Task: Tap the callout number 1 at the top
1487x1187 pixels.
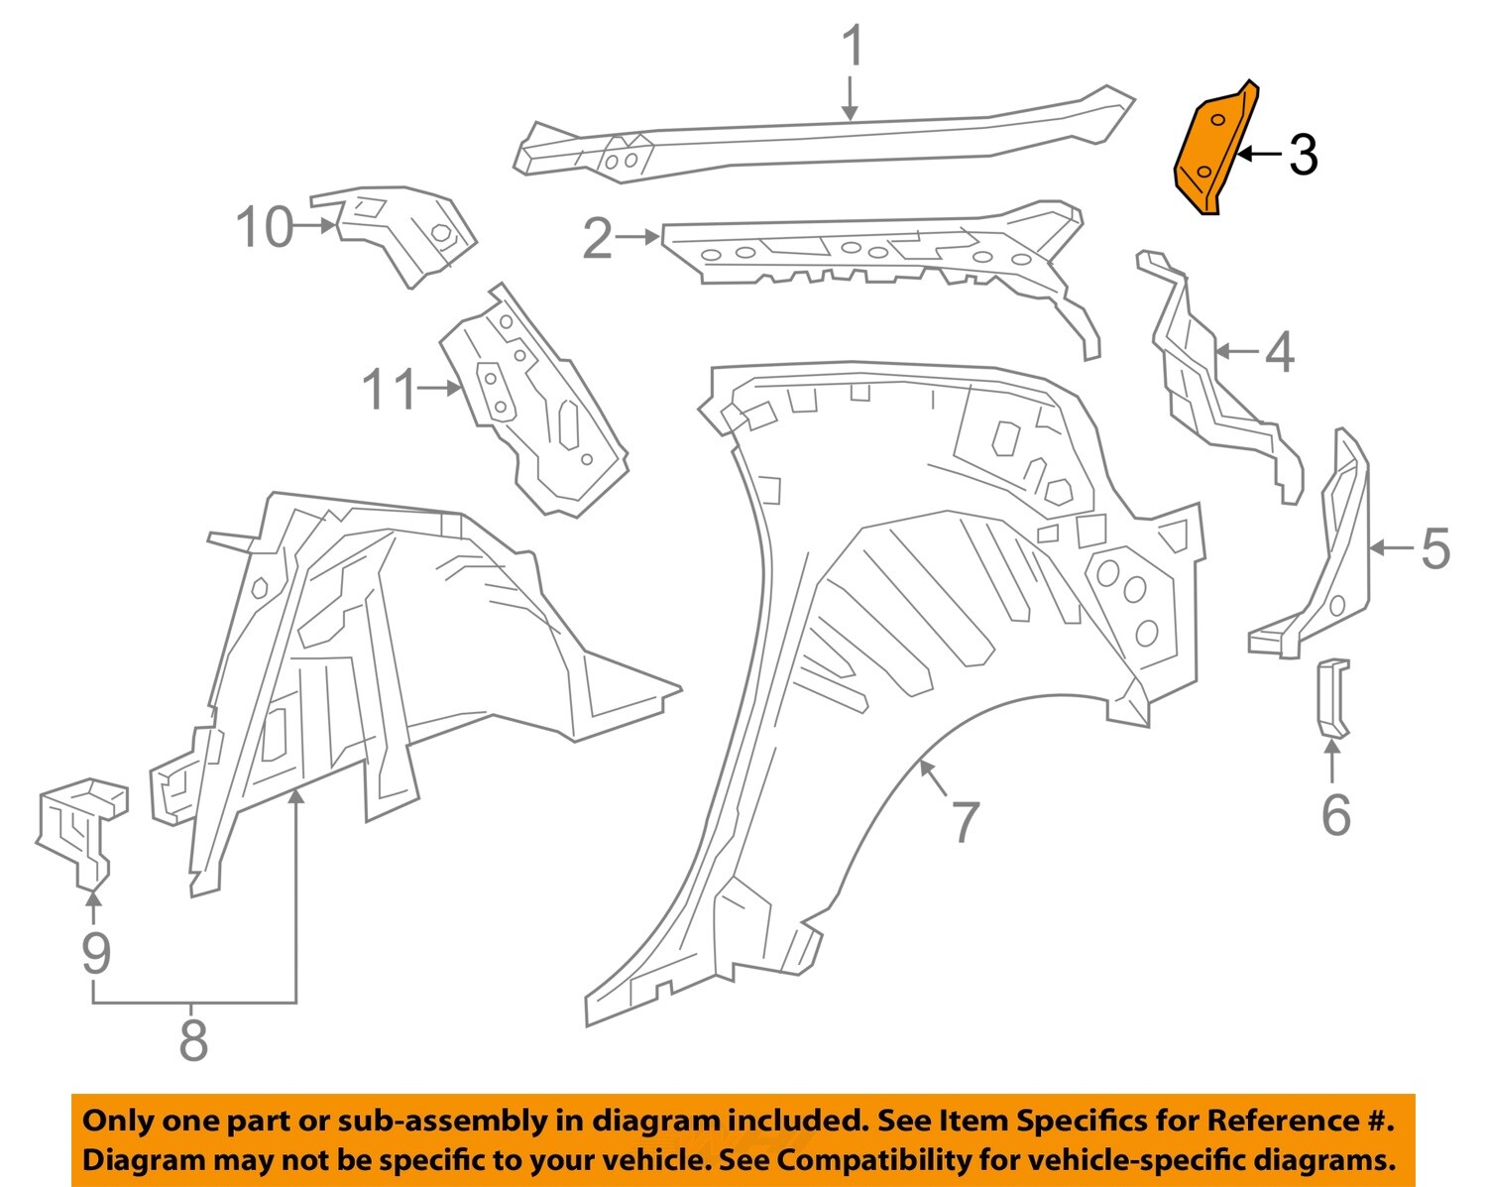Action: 852,47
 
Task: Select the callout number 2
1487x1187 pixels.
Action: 598,238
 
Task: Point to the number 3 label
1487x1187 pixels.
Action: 1303,156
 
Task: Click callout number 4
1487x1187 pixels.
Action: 1280,352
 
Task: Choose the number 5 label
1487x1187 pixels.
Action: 1435,548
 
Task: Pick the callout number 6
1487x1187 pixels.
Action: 1335,815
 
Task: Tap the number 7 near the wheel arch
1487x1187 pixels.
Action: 965,821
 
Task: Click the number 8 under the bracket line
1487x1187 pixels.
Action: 193,1040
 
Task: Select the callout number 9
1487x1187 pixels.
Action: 95,953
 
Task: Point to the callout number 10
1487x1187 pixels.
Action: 265,227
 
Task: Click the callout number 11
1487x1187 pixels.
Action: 390,389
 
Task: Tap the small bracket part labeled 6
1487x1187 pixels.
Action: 1332,699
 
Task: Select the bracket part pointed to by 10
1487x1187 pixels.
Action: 406,230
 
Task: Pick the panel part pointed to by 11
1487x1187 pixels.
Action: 535,407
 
